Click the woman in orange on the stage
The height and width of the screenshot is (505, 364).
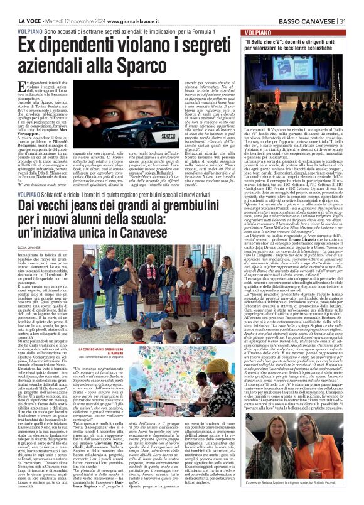tap(279, 94)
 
